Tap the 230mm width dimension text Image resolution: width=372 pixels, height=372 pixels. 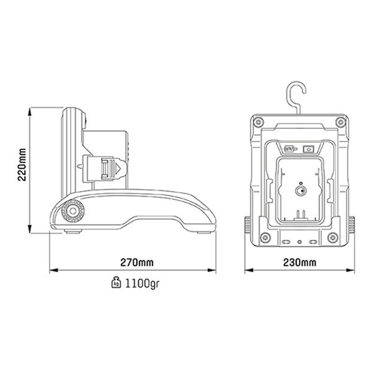point(299,262)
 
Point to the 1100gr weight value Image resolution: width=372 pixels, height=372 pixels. point(138,284)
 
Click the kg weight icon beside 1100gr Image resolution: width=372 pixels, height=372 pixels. point(115,284)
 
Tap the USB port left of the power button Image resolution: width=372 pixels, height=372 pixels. point(289,149)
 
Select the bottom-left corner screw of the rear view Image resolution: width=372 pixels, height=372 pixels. point(265,237)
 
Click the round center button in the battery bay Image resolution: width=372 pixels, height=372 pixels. point(299,191)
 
